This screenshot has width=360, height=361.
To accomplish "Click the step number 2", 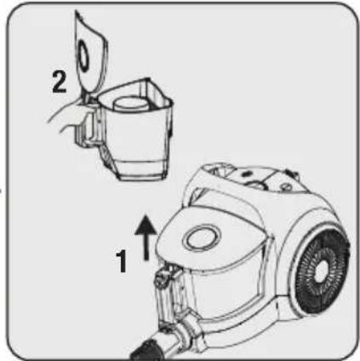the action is pos(59,82).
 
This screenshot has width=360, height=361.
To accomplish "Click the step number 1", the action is pos(122,261).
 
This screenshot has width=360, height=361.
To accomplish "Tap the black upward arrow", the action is pos(146,238).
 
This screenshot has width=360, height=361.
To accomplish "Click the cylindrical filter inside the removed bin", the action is pos(129,104).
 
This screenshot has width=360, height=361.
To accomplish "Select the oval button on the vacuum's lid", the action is pos(202,238).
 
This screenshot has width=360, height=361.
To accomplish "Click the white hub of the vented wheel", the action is pos(322,272).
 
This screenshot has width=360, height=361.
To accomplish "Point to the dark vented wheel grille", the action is pos(323,271).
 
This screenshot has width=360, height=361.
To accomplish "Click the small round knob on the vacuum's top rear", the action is pos(285,186).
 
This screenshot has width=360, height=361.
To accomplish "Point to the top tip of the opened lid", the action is pos(77,11).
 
